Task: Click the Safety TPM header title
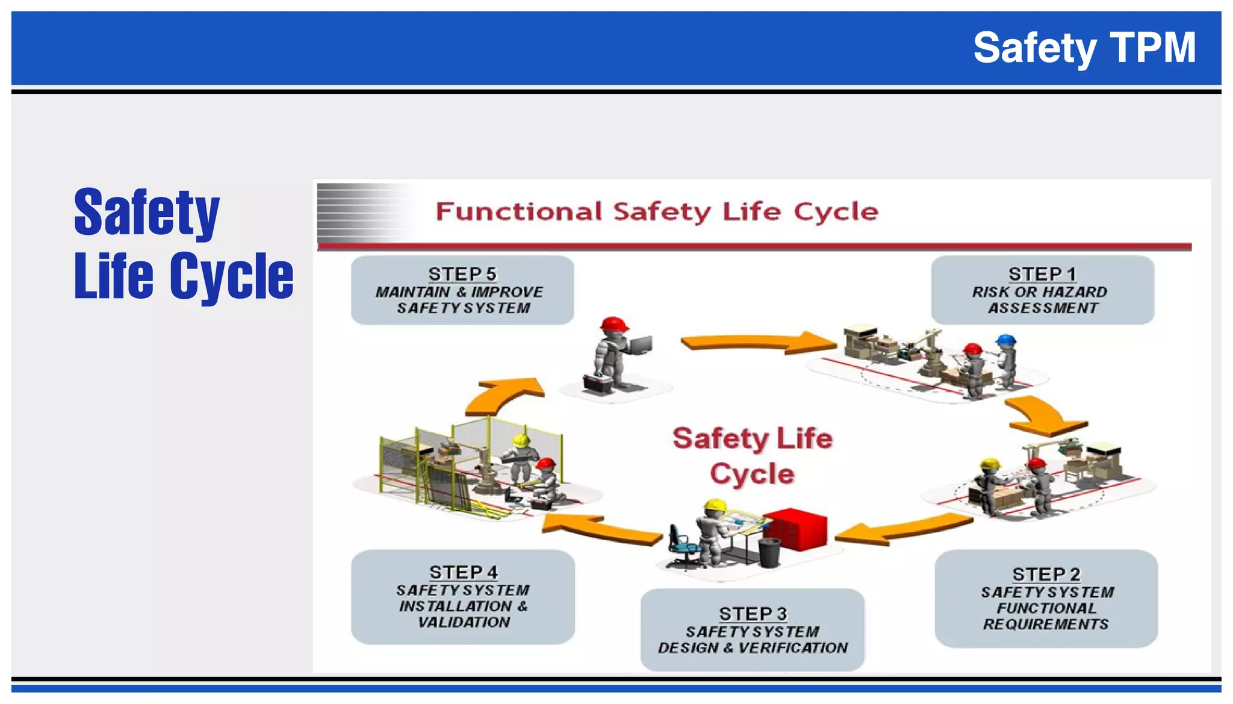click(x=1084, y=48)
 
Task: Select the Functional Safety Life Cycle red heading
click(x=656, y=212)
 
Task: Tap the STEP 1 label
click(x=1042, y=274)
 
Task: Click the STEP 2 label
click(x=1046, y=574)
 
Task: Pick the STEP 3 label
click(x=753, y=614)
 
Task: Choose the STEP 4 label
click(x=463, y=572)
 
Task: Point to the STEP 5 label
click(x=462, y=274)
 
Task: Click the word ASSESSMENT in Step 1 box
click(x=1043, y=308)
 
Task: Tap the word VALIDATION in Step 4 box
click(x=464, y=623)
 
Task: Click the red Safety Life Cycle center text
click(x=752, y=456)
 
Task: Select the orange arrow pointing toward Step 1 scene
click(x=759, y=343)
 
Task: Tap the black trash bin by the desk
click(x=769, y=552)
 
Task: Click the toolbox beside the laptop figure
click(x=597, y=383)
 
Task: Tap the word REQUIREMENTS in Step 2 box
click(x=1046, y=625)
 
